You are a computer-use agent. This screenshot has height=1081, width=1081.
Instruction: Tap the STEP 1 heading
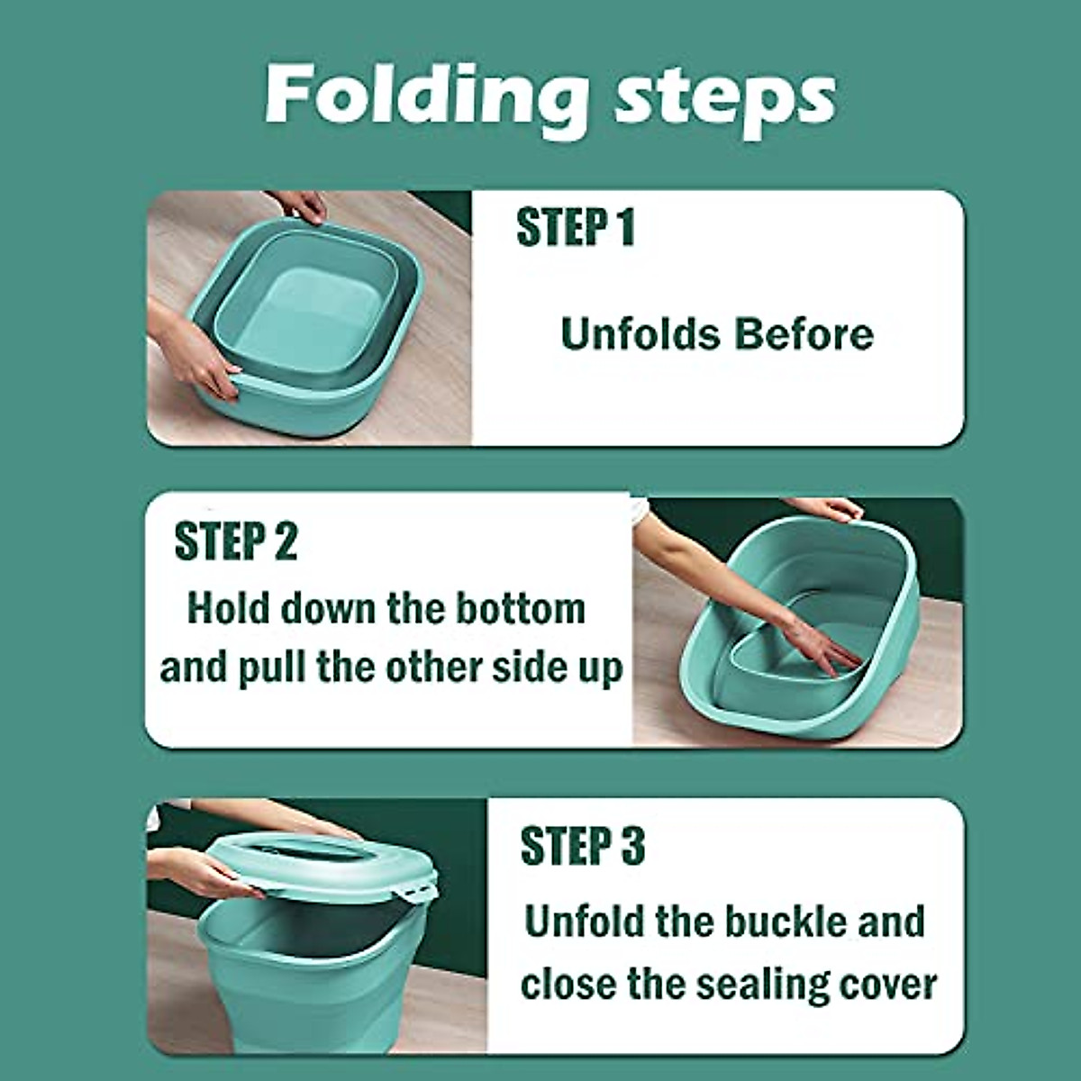point(576,227)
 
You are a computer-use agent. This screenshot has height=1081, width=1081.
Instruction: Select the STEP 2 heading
point(235,541)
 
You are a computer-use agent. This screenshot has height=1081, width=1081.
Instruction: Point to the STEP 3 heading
point(583,846)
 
